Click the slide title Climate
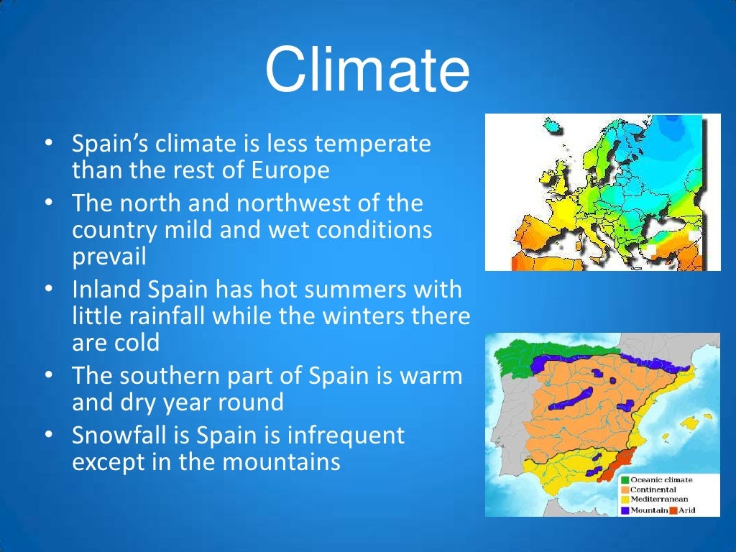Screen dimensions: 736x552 pyautogui.click(x=367, y=69)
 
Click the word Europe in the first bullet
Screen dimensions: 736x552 pyautogui.click(x=290, y=170)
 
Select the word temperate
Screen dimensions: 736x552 pyautogui.click(x=373, y=144)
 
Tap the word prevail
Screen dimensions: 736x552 pyautogui.click(x=109, y=257)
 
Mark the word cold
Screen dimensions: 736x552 pyautogui.click(x=139, y=342)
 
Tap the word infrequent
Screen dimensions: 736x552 pyautogui.click(x=346, y=436)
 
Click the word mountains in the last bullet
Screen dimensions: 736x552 pyautogui.click(x=281, y=462)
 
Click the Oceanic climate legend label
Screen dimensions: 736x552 pyautogui.click(x=661, y=479)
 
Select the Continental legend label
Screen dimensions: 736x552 pyautogui.click(x=653, y=489)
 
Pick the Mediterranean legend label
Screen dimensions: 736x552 pyautogui.click(x=659, y=499)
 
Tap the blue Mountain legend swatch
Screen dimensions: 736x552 pyautogui.click(x=625, y=510)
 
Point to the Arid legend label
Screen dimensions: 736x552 pyautogui.click(x=686, y=510)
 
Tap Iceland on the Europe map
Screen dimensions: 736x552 pyautogui.click(x=553, y=126)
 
